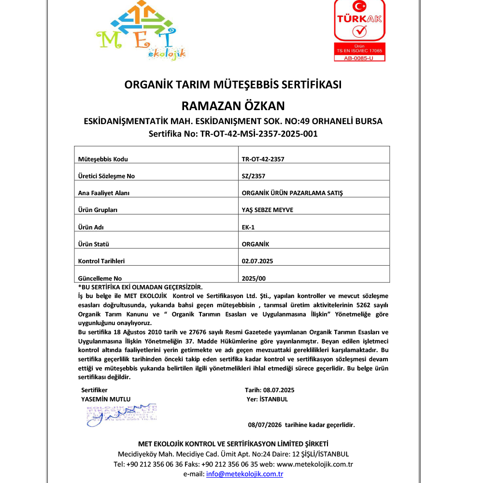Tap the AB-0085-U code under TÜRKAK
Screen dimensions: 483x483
click(359, 58)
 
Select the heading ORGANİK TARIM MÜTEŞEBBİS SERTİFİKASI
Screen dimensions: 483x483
click(233, 85)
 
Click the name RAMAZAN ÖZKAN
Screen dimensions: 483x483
click(233, 105)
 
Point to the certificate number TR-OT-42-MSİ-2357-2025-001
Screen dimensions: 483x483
click(233, 134)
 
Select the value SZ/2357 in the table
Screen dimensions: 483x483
click(254, 176)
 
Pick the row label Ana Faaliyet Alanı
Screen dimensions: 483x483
click(104, 193)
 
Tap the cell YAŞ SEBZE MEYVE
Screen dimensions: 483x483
click(267, 210)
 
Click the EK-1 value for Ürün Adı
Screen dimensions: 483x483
click(248, 227)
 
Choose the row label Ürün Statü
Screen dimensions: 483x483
click(95, 244)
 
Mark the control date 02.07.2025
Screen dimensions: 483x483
click(257, 261)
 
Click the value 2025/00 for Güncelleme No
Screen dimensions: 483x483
click(254, 278)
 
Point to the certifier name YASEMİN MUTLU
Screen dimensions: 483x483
click(106, 399)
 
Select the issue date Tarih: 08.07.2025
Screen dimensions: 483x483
click(270, 390)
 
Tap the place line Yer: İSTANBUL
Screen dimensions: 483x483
click(267, 399)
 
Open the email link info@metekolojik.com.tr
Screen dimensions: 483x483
click(244, 474)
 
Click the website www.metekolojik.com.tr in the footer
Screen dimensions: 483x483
click(315, 464)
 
